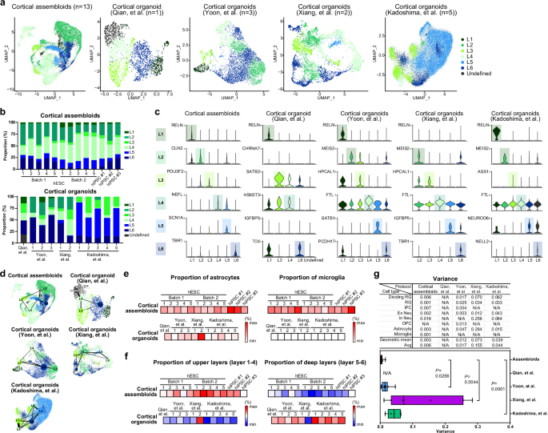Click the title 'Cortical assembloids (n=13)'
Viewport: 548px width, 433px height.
point(47,5)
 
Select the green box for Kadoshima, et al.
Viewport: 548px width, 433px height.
point(394,414)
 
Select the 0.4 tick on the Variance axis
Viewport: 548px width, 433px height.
point(509,427)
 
